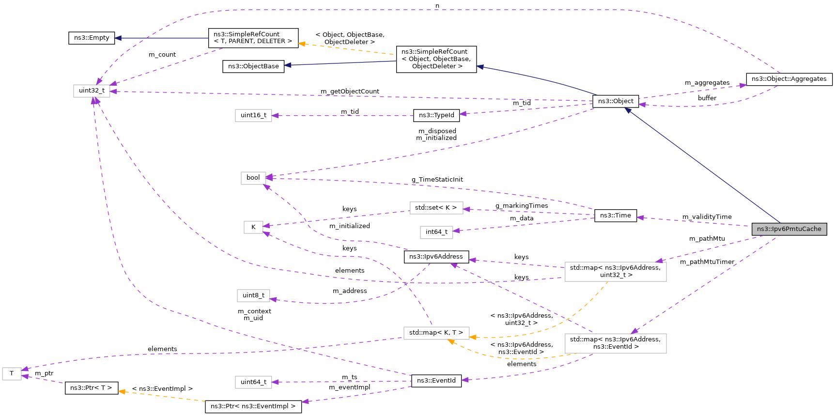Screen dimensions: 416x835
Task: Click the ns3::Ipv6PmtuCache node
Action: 789,229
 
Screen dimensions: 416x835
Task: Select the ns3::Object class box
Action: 616,101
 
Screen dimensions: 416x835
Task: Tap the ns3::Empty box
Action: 92,38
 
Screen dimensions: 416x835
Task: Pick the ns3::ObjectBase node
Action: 253,66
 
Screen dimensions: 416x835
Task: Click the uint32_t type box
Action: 92,91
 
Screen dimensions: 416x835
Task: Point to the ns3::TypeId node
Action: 436,115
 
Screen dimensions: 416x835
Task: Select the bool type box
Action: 253,178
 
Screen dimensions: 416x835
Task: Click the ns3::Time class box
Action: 615,216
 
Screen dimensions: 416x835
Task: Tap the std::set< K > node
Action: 436,208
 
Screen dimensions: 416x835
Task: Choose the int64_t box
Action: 436,232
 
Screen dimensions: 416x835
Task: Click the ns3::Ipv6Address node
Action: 436,257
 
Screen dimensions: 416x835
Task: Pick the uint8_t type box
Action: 253,295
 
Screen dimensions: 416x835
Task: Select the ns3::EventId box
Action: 436,381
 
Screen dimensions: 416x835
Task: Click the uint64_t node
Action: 253,382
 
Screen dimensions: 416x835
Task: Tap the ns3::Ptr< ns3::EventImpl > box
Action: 253,406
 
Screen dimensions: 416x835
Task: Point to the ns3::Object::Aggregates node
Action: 789,79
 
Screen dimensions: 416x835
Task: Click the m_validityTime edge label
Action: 707,217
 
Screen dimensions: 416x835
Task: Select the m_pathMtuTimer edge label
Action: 707,262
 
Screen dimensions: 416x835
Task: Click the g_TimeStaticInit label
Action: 437,180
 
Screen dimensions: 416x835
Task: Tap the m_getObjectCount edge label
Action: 350,92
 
